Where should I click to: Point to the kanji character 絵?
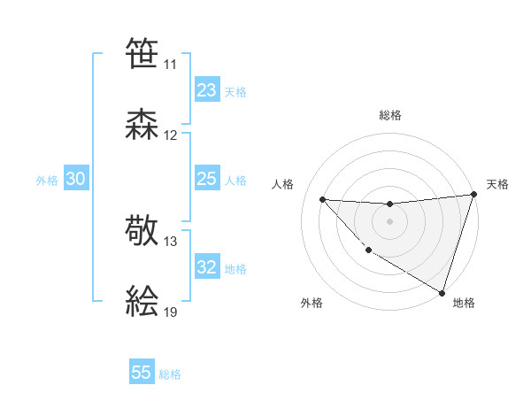click(142, 301)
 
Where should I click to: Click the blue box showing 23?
click(206, 90)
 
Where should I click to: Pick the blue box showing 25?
click(206, 179)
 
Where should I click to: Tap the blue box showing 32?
click(206, 267)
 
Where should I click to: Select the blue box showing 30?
click(75, 179)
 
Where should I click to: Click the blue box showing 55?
click(142, 373)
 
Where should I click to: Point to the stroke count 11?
click(171, 65)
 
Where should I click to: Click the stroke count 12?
click(171, 135)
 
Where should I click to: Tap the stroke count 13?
click(171, 242)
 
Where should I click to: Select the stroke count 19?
click(171, 312)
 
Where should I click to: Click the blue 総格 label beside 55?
click(170, 374)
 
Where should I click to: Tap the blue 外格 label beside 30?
click(47, 181)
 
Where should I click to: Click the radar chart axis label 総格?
click(389, 115)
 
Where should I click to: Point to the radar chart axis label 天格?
click(497, 184)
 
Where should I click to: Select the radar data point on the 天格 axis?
click(473, 195)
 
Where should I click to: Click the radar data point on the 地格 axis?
click(442, 292)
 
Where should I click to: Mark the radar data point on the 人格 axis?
click(322, 199)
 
